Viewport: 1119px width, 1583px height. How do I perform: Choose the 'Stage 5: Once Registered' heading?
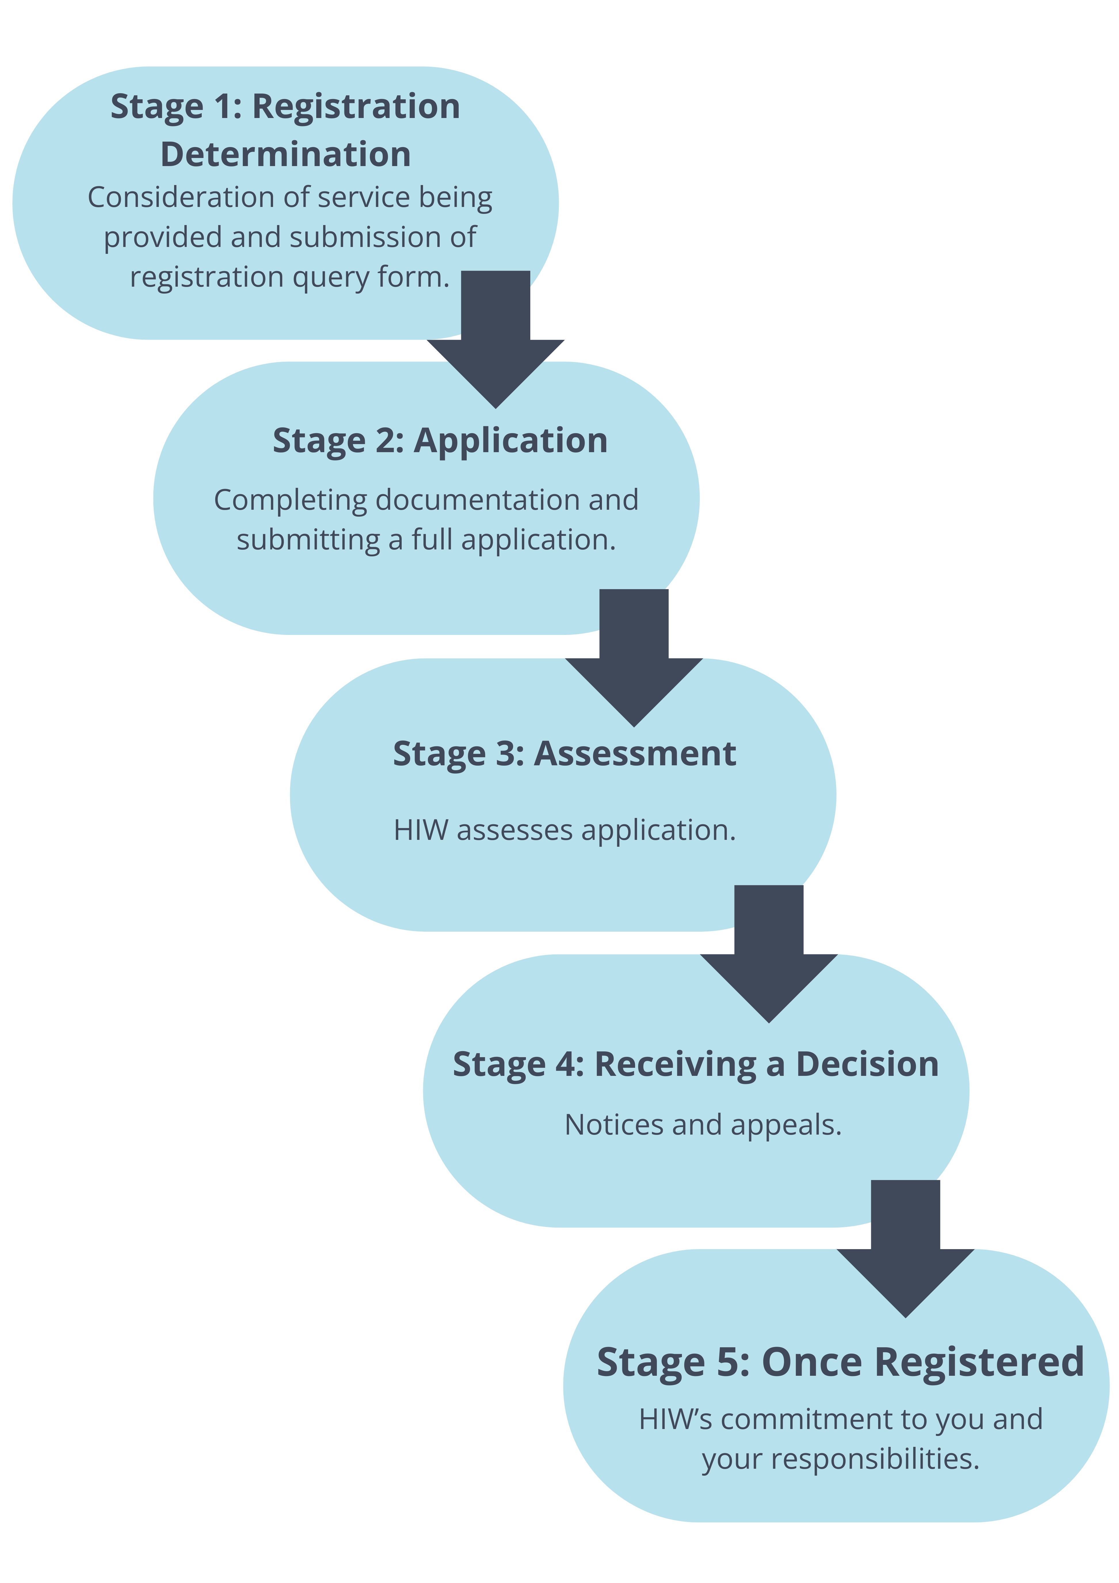pos(840,1362)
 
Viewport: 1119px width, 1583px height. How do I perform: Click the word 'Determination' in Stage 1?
pos(285,155)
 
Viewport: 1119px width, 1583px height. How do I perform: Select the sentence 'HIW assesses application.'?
pos(564,830)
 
